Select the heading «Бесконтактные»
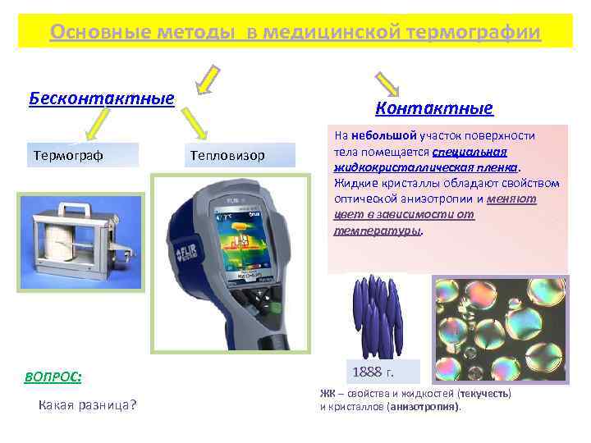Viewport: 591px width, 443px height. coord(102,98)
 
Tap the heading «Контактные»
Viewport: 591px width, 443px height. coord(433,108)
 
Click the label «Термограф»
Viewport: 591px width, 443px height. coord(68,155)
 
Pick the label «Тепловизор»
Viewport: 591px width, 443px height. coord(227,155)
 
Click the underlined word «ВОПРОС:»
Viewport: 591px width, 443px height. coord(53,377)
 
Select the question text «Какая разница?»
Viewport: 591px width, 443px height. coord(88,405)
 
